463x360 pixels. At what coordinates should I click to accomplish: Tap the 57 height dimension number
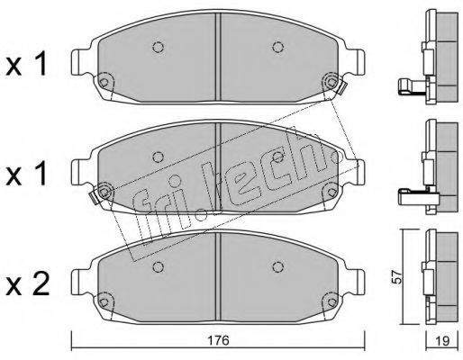pyautogui.click(x=397, y=277)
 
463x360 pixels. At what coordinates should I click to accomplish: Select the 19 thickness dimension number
pyautogui.click(x=442, y=341)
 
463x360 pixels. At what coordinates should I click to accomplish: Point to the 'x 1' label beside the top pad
pyautogui.click(x=27, y=63)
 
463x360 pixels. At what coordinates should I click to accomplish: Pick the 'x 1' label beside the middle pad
pyautogui.click(x=27, y=173)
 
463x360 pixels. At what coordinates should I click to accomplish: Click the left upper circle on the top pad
pyautogui.click(x=158, y=47)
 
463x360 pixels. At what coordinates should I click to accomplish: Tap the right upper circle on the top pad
pyautogui.click(x=278, y=47)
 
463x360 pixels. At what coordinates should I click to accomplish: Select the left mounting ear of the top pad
pyautogui.click(x=78, y=62)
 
